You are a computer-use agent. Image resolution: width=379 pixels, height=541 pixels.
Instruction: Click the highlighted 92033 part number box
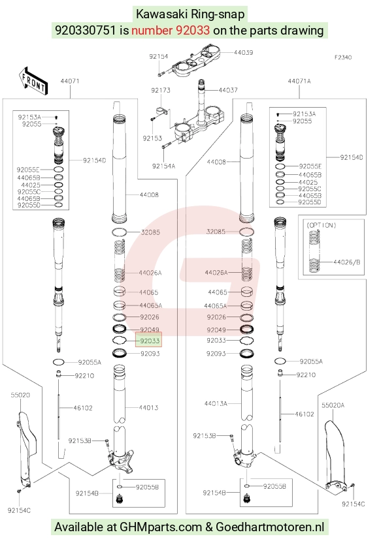click(149, 341)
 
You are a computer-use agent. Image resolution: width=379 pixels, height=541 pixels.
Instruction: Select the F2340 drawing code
click(342, 57)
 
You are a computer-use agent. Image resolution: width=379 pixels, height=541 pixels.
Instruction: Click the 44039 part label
click(243, 52)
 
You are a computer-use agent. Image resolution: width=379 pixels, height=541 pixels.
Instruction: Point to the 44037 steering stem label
click(228, 90)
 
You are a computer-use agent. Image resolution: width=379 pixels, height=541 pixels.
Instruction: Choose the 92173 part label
click(161, 91)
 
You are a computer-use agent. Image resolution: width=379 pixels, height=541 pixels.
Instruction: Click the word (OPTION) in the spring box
click(321, 225)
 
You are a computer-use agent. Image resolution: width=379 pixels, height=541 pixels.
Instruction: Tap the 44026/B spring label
click(346, 262)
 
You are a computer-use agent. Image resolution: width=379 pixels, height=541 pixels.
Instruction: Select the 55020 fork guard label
click(20, 395)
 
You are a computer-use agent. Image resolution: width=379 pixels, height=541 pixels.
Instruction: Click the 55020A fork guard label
click(333, 405)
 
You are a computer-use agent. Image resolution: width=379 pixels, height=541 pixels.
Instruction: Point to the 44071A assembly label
click(299, 81)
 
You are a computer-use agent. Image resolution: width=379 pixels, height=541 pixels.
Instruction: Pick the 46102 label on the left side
click(83, 408)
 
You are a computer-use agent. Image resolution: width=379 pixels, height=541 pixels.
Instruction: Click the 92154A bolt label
click(163, 166)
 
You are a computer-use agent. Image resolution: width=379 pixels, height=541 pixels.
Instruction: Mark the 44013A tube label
click(216, 403)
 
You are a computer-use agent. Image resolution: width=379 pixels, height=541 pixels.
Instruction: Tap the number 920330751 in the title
click(86, 31)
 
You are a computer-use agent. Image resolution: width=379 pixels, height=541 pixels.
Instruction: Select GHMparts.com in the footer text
click(161, 527)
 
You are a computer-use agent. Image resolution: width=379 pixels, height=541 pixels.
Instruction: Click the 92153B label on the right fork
click(204, 436)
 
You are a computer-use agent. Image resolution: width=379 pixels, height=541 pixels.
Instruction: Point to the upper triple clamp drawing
click(197, 61)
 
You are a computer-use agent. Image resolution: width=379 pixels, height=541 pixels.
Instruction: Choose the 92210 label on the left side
click(84, 375)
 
